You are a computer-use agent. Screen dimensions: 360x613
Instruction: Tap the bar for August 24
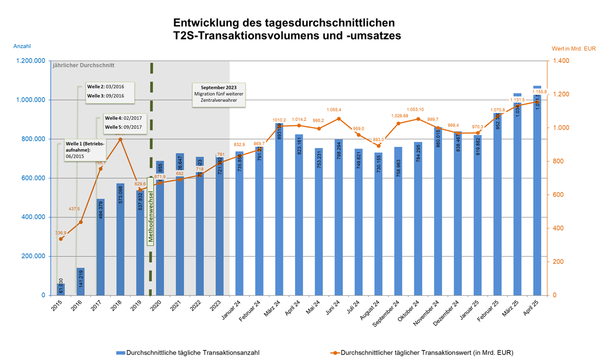point(378,224)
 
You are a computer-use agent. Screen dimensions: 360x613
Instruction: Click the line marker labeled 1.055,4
point(338,119)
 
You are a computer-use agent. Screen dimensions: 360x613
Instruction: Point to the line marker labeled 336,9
point(61,239)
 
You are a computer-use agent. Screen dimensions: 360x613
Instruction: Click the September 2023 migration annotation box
point(218,95)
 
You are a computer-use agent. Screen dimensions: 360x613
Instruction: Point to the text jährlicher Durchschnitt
point(83,65)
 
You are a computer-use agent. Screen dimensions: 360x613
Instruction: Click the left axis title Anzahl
point(22,47)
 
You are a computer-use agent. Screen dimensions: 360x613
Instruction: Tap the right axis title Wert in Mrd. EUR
point(573,48)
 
